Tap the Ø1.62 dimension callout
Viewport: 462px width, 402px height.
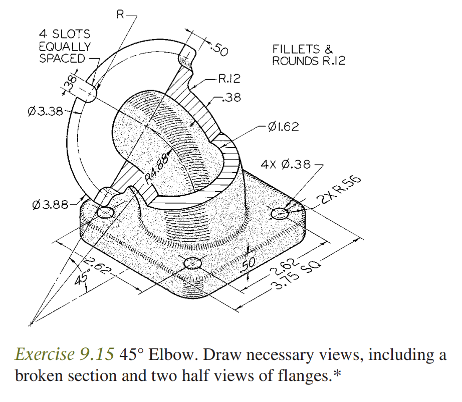283,127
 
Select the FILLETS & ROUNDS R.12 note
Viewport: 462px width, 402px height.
308,55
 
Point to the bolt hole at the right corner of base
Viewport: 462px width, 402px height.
280,214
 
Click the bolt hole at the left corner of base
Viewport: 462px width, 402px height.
106,213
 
